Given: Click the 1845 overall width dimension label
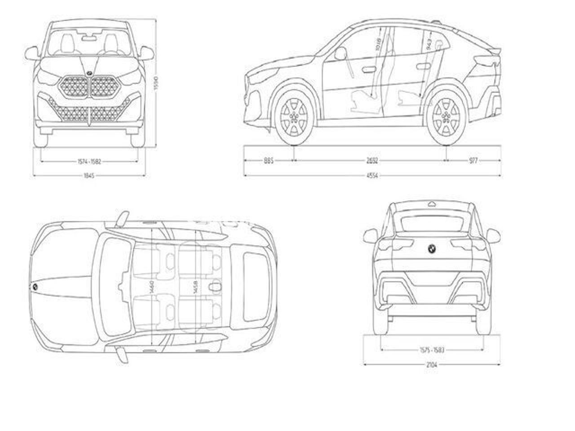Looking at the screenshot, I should [88, 176].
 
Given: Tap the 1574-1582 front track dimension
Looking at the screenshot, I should [88, 161].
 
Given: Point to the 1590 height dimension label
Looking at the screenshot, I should [156, 84].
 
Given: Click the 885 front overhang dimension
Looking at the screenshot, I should [269, 160].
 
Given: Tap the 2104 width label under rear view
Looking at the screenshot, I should [432, 365].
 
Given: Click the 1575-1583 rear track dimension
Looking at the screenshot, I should [432, 349].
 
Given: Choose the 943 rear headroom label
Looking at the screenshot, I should [429, 44].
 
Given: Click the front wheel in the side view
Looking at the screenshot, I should [295, 117].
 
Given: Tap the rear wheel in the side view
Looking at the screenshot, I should [446, 117].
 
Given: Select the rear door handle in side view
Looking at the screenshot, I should [423, 67].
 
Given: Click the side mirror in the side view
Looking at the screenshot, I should [340, 54].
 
